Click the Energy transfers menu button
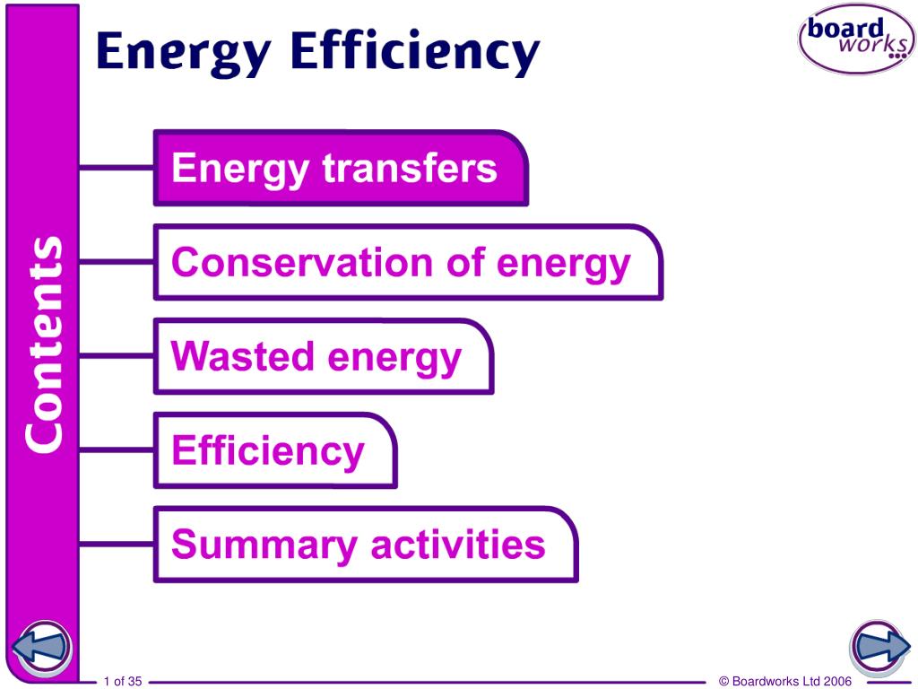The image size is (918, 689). (341, 168)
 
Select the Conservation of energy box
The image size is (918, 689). (408, 262)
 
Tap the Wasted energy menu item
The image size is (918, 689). (324, 356)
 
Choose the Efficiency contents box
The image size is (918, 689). (275, 450)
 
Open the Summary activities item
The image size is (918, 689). (366, 545)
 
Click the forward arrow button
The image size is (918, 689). (879, 648)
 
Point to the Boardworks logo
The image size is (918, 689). (856, 39)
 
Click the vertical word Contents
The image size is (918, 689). (45, 344)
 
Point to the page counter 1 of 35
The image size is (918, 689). (123, 681)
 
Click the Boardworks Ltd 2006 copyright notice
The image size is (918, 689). (785, 681)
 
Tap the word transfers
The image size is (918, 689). (410, 168)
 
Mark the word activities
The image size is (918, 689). (458, 544)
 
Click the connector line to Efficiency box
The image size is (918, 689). (116, 450)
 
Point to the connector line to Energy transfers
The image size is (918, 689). (116, 168)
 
